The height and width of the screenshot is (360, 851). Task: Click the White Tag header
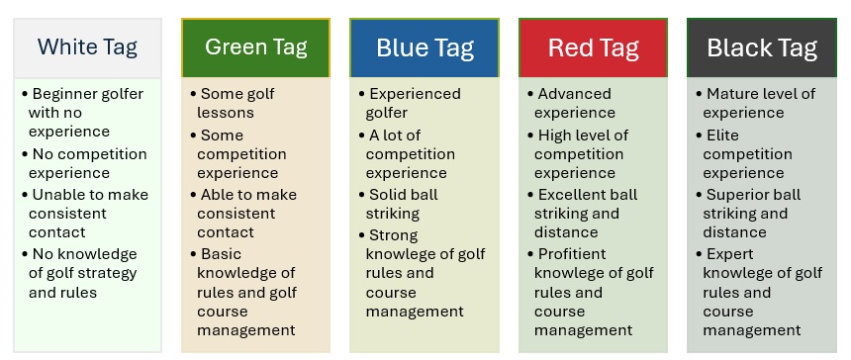87,47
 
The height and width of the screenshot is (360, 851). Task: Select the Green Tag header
255,47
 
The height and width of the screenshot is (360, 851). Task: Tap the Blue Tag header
425,47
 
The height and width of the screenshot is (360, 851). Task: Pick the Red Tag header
593,47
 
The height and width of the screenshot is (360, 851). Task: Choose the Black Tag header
762,47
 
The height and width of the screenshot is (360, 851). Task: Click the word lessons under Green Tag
226,113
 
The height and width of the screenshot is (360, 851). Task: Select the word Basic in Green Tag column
221,254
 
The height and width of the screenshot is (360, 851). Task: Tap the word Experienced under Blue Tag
416,94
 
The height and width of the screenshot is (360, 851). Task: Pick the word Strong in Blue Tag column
394,235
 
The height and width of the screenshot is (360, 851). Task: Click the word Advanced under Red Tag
574,94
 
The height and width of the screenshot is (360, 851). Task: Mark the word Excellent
572,194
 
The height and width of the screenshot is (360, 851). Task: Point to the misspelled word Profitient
572,254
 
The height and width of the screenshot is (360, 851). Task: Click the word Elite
722,135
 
